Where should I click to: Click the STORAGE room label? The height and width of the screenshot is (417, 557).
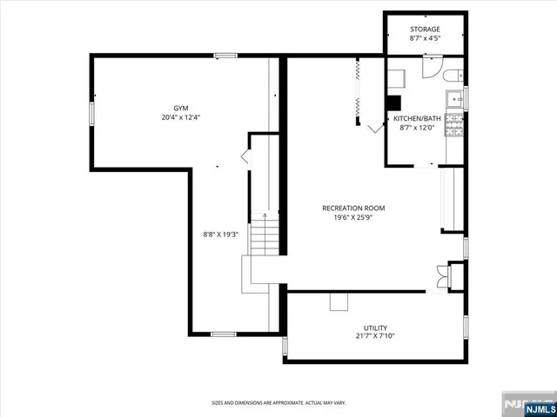click(x=425, y=29)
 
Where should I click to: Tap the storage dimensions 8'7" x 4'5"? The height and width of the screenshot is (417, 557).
click(x=425, y=38)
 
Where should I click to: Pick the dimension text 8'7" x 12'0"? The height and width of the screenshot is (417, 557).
click(x=415, y=128)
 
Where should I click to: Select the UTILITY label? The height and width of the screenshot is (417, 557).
click(x=375, y=328)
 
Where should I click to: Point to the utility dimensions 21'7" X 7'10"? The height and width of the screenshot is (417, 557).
click(x=375, y=337)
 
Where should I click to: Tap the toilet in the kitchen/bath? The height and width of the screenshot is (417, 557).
click(x=453, y=76)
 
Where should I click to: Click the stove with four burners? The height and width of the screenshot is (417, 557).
click(x=454, y=126)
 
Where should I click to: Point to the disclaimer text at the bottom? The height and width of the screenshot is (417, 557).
click(x=278, y=402)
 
